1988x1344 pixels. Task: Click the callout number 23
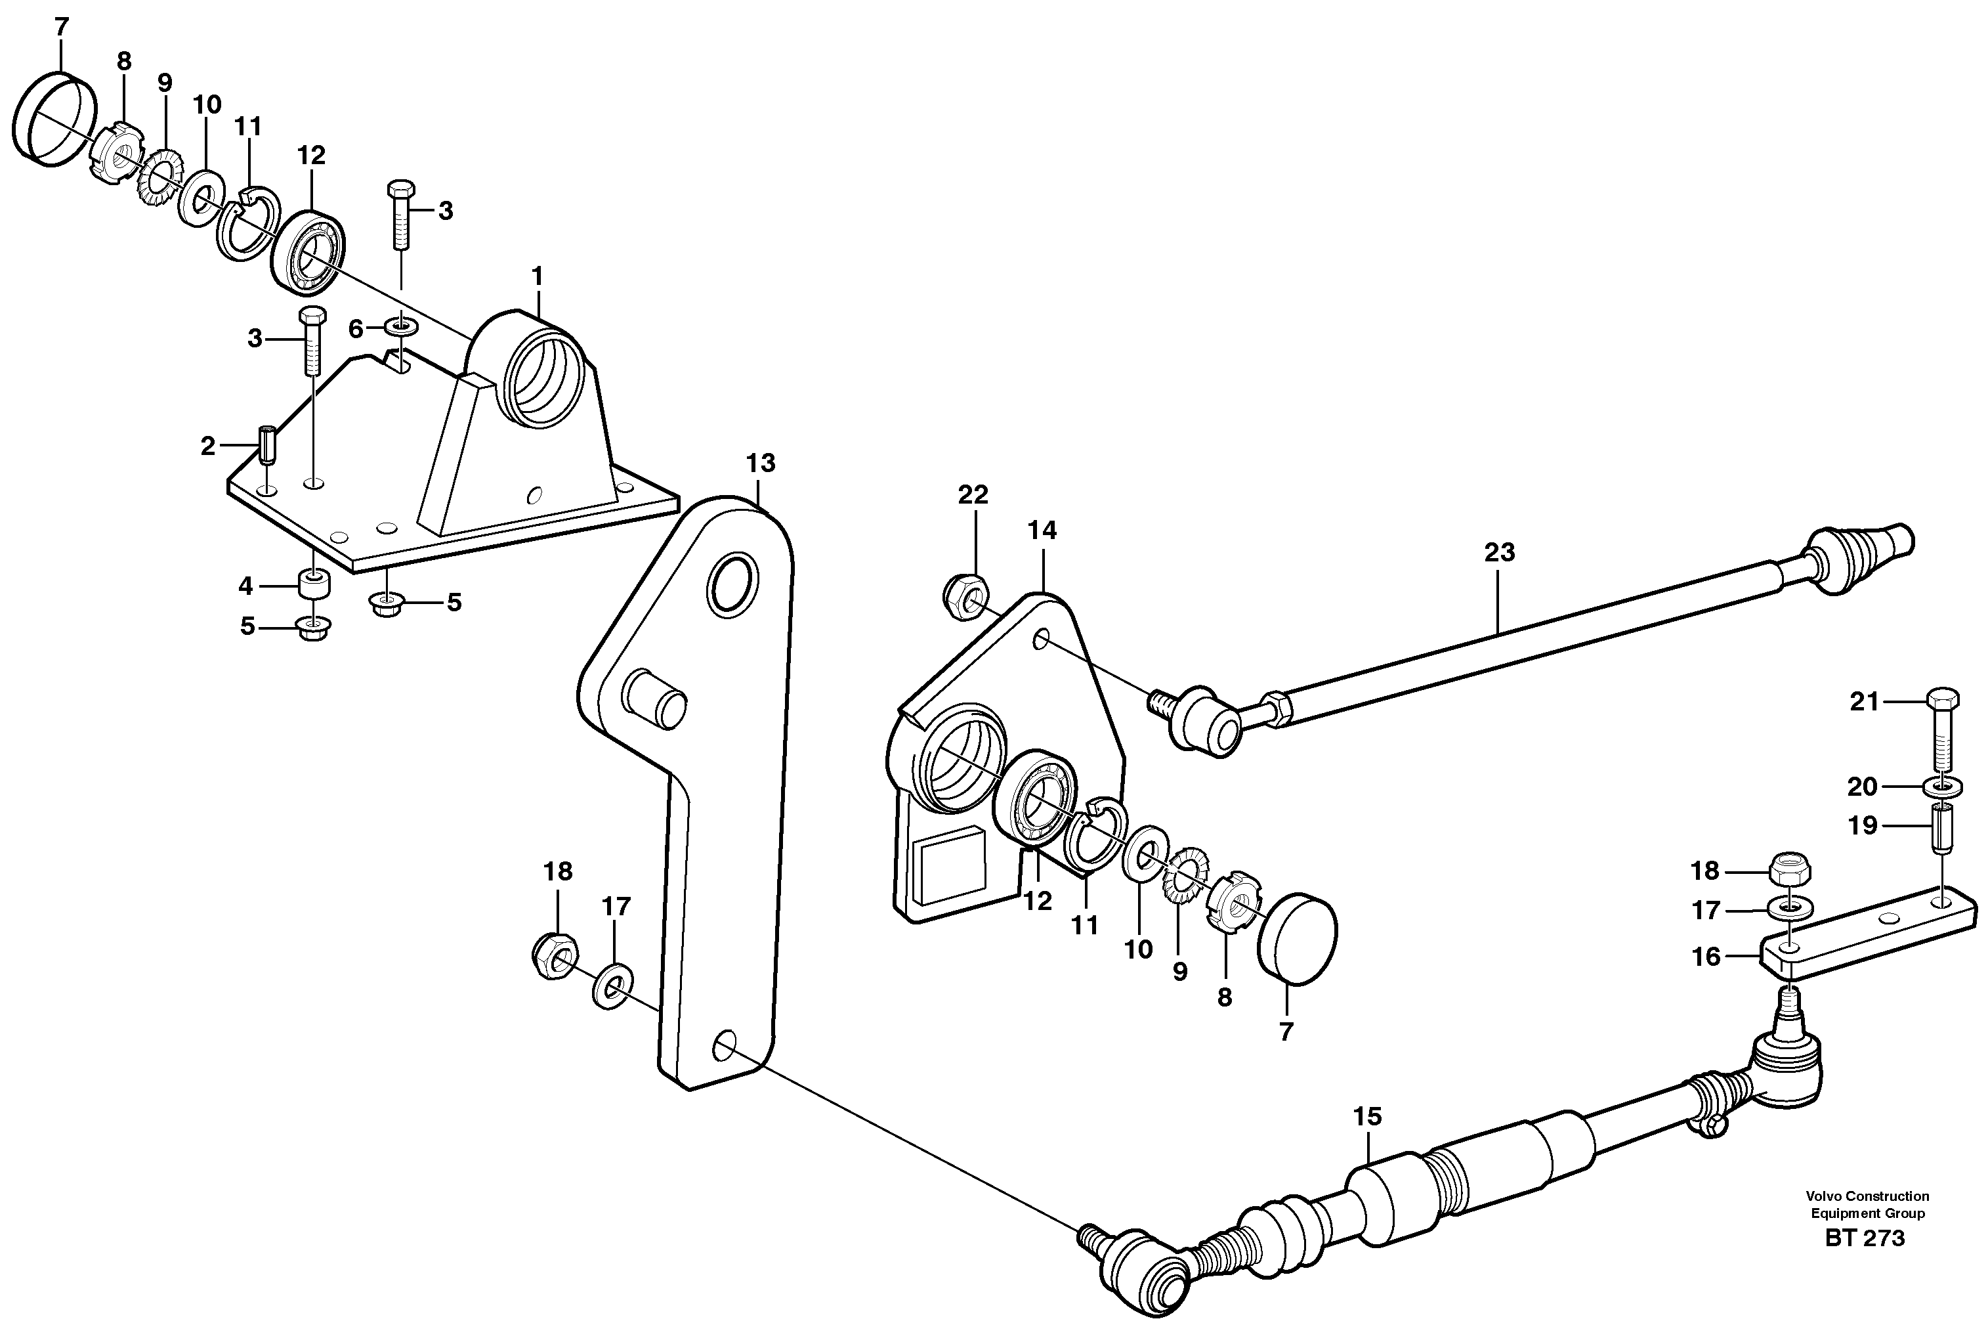click(x=1498, y=553)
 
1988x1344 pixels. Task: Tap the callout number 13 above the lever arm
click(x=759, y=463)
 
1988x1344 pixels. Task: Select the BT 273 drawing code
click(x=1865, y=1238)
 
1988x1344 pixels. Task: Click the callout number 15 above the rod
click(x=1367, y=1116)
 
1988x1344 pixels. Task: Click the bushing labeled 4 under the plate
click(x=313, y=585)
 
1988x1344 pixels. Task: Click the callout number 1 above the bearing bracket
click(x=538, y=276)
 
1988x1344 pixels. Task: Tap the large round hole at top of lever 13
click(x=732, y=584)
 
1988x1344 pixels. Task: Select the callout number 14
click(x=1042, y=531)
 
